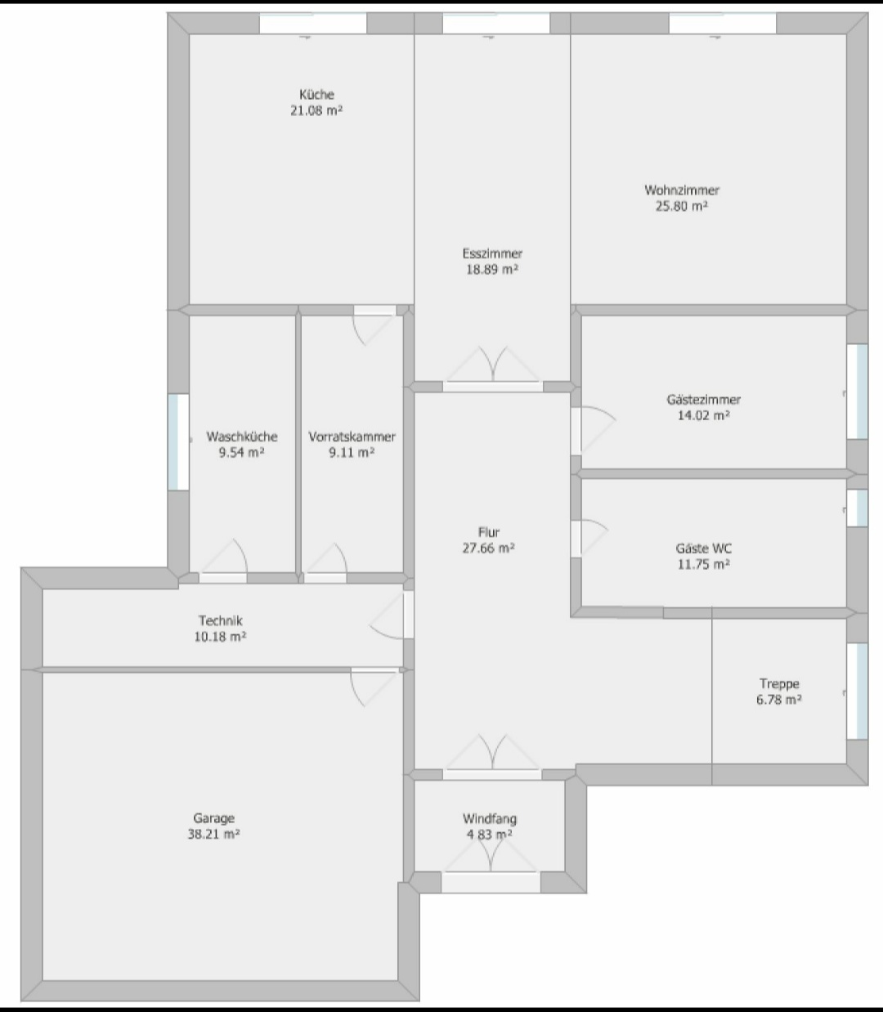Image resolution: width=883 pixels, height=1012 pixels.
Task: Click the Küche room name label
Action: tap(316, 95)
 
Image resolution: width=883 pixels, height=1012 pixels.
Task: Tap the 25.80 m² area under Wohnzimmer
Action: tap(681, 206)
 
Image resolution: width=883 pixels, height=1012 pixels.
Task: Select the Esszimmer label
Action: tap(492, 253)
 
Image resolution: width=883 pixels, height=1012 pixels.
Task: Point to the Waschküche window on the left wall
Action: tap(178, 441)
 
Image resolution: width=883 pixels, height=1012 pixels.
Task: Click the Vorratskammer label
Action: tap(352, 437)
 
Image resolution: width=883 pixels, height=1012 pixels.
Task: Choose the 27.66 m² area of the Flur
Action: tap(489, 548)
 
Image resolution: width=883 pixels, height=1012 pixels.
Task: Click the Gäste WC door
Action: tap(589, 539)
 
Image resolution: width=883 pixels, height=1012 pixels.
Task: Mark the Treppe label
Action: tap(779, 684)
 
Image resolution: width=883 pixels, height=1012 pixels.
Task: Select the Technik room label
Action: tap(220, 620)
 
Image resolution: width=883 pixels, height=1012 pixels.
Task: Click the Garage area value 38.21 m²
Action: tap(213, 835)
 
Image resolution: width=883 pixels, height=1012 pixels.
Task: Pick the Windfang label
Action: tap(489, 818)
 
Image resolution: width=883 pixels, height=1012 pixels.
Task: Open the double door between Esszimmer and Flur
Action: tap(493, 366)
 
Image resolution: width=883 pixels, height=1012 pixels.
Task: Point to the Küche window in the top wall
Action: tap(313, 24)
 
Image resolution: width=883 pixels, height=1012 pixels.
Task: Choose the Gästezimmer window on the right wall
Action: tap(858, 392)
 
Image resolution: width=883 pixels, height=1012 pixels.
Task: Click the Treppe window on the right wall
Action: tap(858, 691)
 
